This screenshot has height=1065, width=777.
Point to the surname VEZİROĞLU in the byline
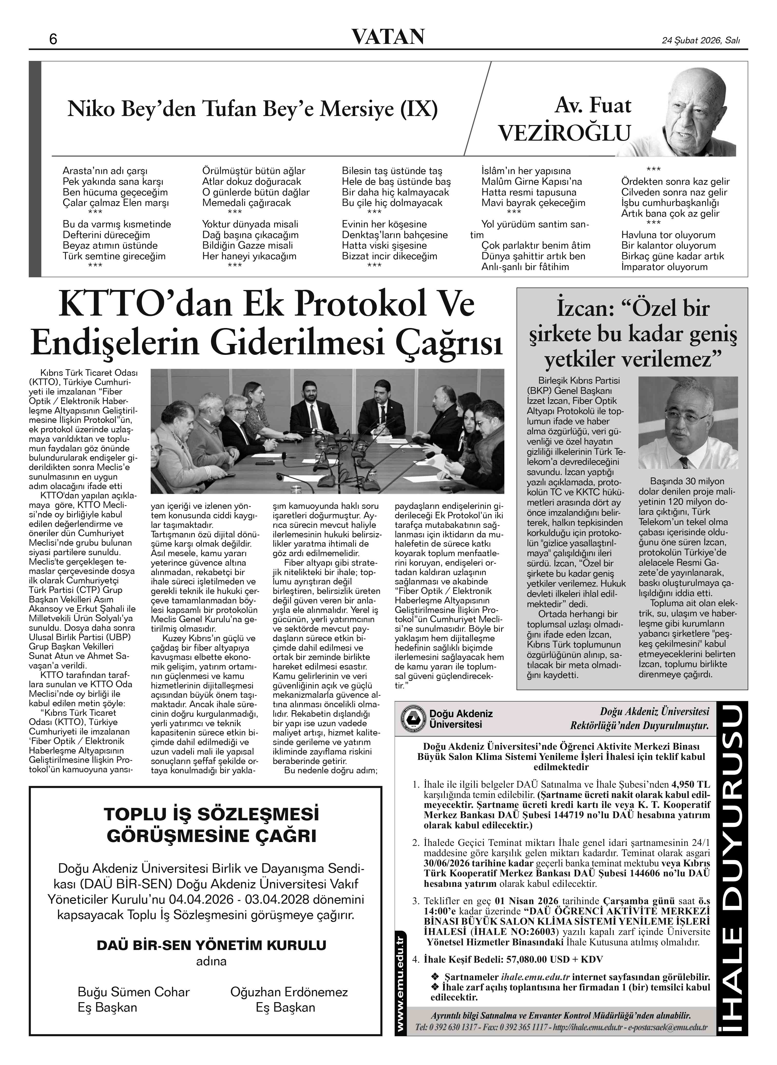564,133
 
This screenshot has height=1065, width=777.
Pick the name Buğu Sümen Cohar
134,992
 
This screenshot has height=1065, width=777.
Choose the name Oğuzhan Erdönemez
289,992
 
